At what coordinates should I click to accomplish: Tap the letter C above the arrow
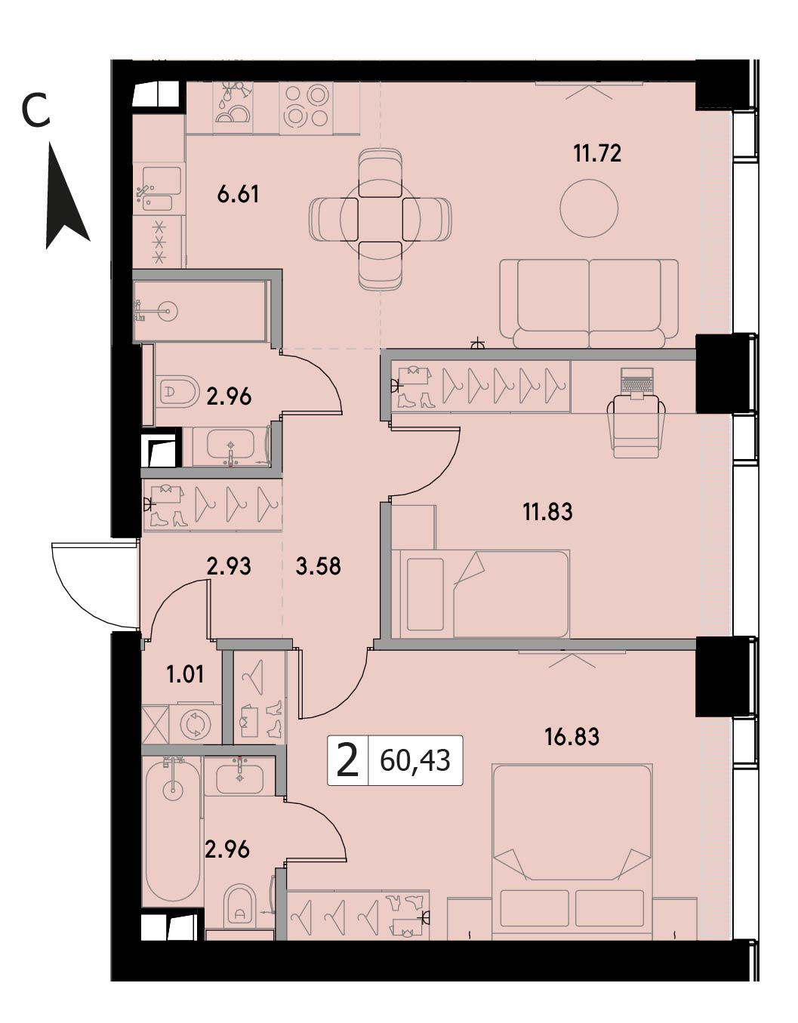tap(35, 109)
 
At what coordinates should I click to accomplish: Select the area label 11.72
tap(597, 153)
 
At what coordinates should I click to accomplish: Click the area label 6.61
tap(239, 193)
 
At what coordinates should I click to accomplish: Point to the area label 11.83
tap(547, 511)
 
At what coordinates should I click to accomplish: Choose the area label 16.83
tap(572, 737)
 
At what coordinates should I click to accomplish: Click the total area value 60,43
tap(414, 760)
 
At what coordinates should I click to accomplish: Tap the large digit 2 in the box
tap(348, 760)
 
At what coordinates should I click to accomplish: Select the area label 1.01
tap(186, 675)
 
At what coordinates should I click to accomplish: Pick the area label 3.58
tap(319, 566)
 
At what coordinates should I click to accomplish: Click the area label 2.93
tap(230, 566)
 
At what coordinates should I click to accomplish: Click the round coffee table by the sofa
tap(589, 208)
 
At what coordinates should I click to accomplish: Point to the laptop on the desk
tap(636, 381)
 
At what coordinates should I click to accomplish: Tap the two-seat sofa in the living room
tap(589, 304)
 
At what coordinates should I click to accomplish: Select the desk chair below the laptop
tap(636, 426)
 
